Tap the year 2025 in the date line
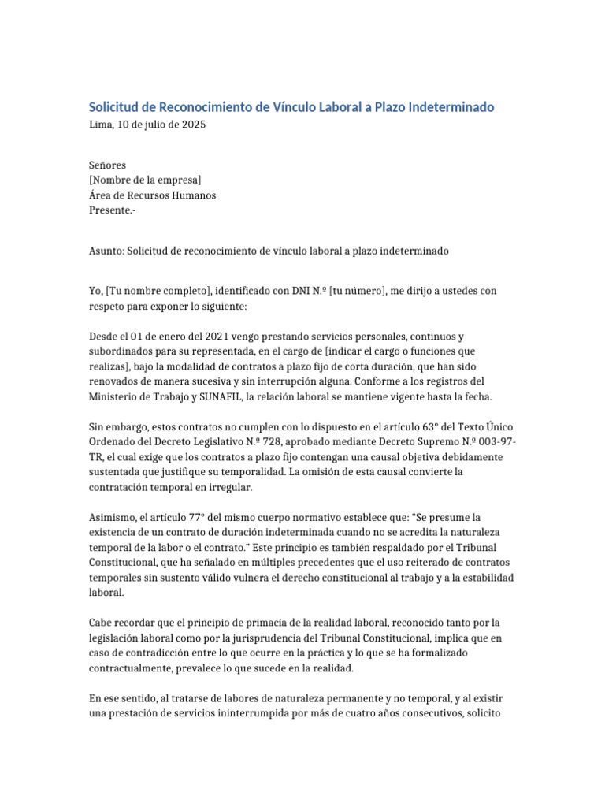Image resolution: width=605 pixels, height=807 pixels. click(192, 125)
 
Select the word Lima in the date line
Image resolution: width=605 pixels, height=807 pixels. click(101, 125)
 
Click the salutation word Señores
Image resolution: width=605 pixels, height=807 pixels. click(107, 165)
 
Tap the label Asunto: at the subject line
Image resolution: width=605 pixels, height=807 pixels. click(106, 251)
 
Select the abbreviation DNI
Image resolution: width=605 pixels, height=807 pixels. click(301, 291)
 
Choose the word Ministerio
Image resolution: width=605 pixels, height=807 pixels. click(116, 396)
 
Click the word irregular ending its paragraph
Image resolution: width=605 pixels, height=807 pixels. click(227, 488)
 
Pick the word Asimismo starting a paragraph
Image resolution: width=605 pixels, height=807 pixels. click(113, 518)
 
